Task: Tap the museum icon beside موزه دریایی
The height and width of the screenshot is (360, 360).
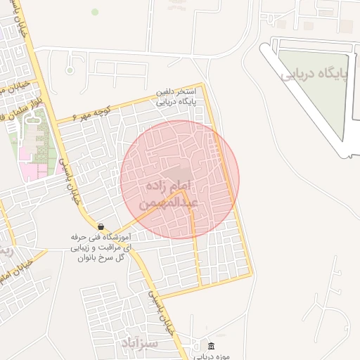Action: pyautogui.click(x=212, y=347)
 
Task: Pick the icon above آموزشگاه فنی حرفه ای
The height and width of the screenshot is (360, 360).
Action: pyautogui.click(x=101, y=227)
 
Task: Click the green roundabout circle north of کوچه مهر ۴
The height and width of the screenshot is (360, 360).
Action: pyautogui.click(x=70, y=70)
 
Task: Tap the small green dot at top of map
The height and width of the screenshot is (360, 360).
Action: pyautogui.click(x=95, y=11)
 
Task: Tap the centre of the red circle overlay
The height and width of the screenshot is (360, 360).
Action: pyautogui.click(x=180, y=180)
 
